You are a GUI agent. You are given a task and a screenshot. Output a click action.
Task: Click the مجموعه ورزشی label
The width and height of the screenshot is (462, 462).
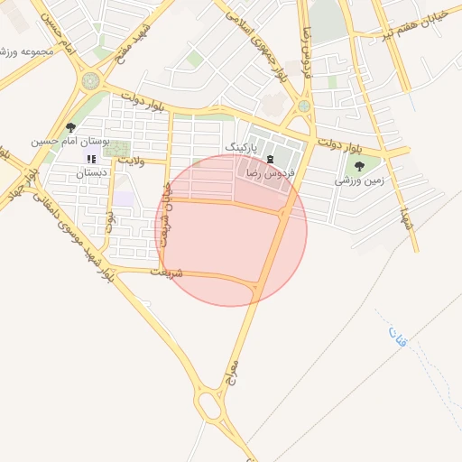27,51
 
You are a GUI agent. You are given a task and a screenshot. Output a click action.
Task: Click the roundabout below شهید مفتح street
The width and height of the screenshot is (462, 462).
91,80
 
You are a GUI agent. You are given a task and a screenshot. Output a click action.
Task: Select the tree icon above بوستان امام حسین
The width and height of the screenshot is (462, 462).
71,128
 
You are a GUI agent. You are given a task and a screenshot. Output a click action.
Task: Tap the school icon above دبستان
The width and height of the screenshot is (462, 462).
90,159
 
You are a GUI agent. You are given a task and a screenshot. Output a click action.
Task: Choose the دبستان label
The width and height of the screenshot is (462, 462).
90,171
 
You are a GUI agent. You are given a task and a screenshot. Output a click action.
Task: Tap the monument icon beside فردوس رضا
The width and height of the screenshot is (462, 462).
269,160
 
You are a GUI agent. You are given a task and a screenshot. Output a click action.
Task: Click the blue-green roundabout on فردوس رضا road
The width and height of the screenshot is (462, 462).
304,106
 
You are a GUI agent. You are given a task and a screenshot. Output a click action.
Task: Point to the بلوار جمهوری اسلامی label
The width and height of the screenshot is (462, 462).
257,47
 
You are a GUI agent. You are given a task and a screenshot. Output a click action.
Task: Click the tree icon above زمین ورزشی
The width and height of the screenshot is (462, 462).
360,166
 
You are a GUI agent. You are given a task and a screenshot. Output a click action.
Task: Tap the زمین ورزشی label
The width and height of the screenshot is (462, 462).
359,180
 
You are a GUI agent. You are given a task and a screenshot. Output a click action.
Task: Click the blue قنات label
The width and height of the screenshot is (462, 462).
398,337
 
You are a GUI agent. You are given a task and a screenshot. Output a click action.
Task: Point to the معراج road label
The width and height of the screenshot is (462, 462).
236,363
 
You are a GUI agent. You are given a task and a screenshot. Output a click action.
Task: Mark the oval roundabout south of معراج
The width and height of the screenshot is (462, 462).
210,405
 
